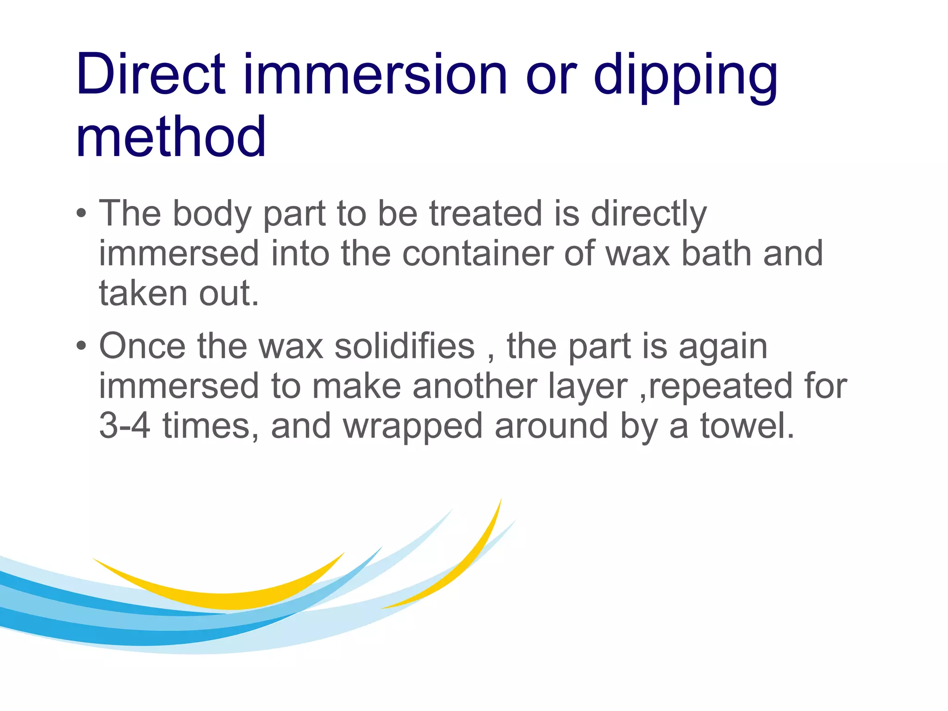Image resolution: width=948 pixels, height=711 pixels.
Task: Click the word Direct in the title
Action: click(x=151, y=74)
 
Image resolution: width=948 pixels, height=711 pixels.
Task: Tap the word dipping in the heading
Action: click(x=685, y=76)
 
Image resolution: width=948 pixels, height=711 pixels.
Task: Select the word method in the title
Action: click(x=171, y=137)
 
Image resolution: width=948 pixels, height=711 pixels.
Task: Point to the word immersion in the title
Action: click(x=375, y=74)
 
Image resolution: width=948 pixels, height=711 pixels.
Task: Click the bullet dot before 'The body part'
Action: click(x=81, y=214)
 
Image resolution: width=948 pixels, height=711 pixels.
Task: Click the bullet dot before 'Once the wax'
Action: click(x=81, y=346)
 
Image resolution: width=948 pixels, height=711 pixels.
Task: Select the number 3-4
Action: click(x=125, y=425)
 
